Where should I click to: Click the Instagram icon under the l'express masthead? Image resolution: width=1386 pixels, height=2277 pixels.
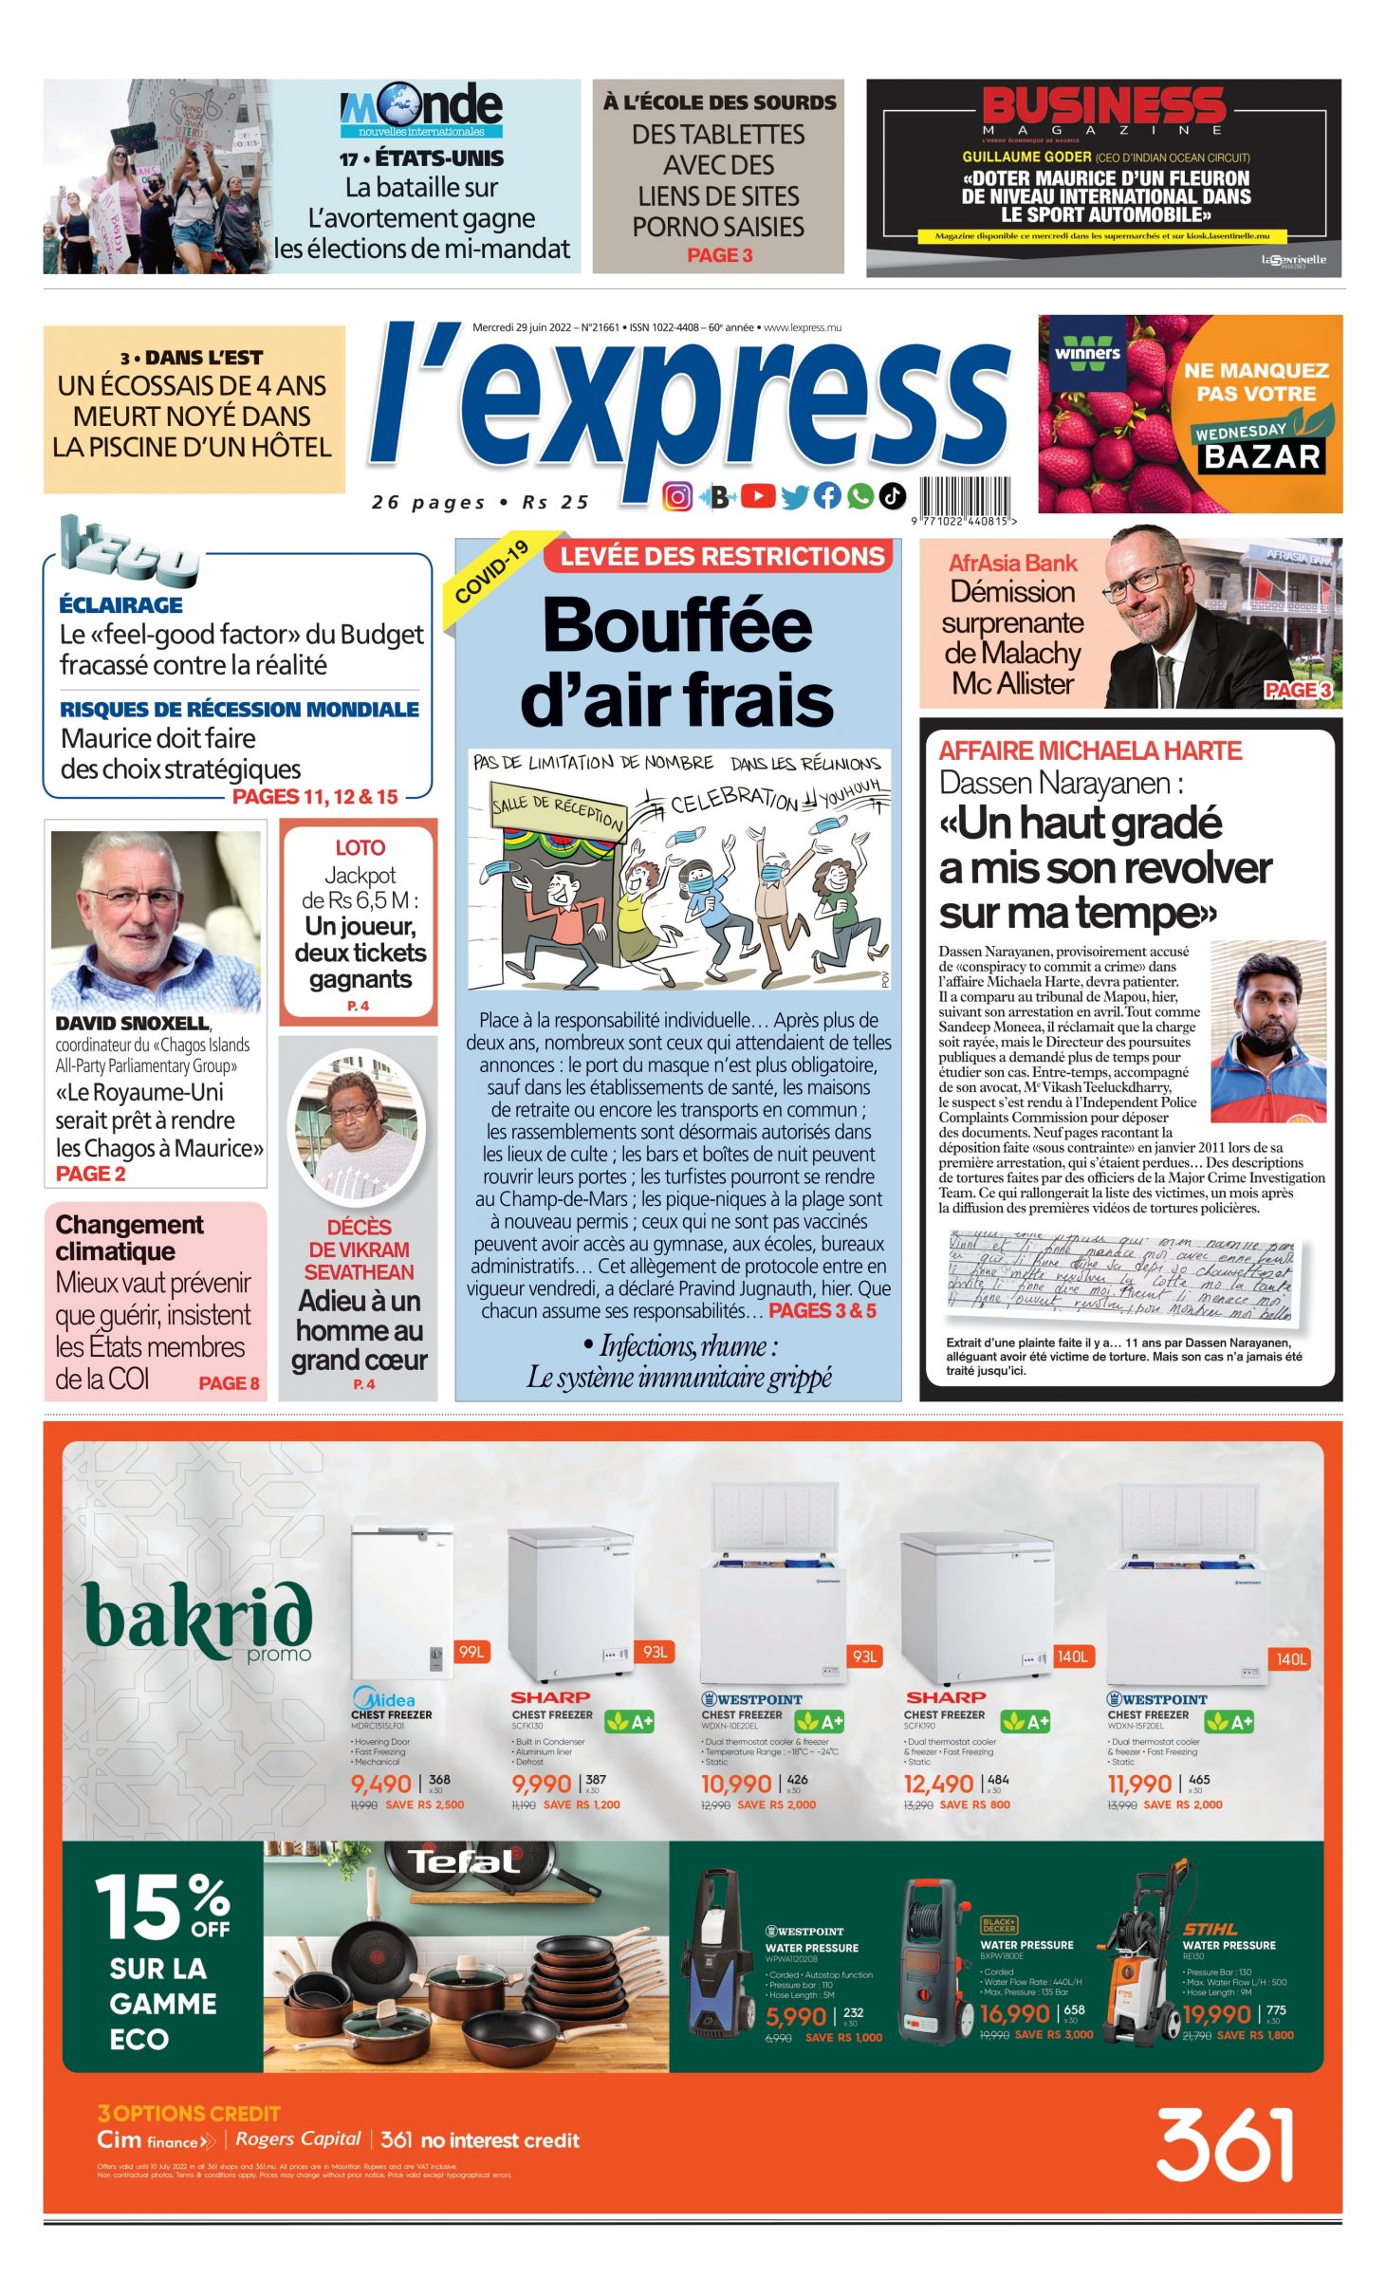[676, 495]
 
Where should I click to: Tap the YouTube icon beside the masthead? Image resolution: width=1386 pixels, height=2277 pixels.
[757, 495]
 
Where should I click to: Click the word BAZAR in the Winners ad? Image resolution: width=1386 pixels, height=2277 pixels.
[1262, 456]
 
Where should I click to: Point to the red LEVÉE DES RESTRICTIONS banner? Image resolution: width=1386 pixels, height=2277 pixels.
[721, 556]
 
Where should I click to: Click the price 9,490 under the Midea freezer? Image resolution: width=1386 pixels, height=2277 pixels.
[381, 1784]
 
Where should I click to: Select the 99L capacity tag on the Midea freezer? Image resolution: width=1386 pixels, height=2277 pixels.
[471, 1652]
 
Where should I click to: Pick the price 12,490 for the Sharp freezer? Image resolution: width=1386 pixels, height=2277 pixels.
[938, 1784]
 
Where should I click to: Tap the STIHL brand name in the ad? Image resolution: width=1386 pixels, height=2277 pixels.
[1210, 1929]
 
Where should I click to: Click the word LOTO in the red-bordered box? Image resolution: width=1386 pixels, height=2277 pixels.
[360, 847]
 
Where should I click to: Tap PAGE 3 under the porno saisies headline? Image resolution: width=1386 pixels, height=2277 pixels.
[719, 255]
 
